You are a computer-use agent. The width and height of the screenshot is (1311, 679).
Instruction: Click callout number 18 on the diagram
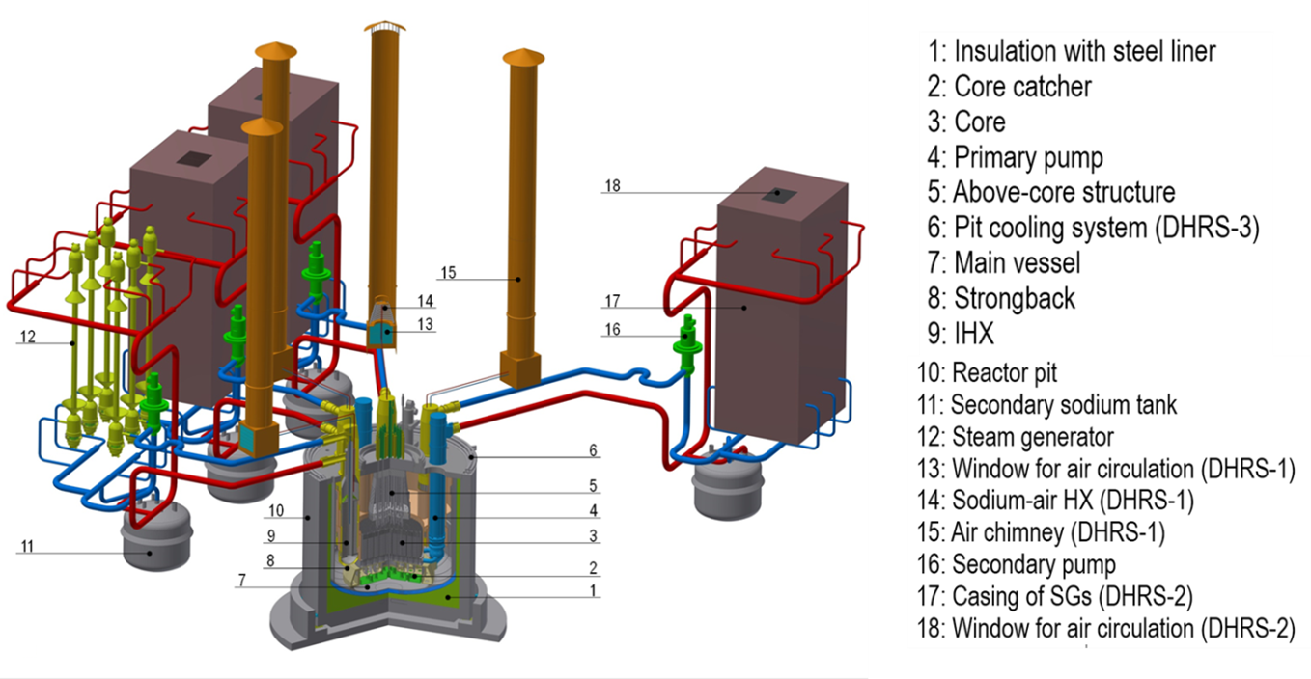612,186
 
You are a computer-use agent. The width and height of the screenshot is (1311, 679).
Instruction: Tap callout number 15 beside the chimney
447,273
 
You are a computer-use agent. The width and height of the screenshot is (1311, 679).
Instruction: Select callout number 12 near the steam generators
27,337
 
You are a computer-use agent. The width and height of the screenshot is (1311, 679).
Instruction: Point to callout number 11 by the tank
27,547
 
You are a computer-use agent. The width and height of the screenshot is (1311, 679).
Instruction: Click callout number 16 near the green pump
611,330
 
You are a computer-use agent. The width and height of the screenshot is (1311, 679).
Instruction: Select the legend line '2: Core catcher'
1022,87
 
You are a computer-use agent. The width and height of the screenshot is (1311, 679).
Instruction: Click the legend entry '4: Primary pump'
1028,157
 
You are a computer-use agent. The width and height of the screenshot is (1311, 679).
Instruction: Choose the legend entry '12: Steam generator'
1032,437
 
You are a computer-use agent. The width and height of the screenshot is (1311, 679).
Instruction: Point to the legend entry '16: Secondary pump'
1033,564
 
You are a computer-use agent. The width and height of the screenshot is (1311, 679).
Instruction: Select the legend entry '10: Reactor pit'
1004,372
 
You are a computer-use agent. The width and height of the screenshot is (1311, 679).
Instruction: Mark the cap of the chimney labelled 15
524,57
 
